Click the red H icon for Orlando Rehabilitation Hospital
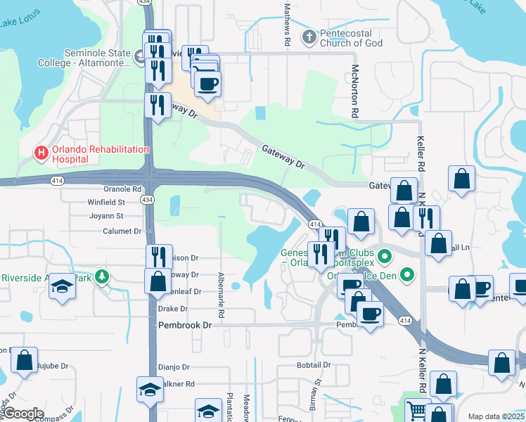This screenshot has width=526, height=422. click(41, 151)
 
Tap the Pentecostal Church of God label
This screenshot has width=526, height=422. click(352, 38)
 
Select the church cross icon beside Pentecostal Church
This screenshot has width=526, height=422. click(309, 36)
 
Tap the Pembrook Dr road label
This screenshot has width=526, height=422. click(185, 325)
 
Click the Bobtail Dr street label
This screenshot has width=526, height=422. click(314, 365)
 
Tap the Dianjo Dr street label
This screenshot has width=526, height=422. click(174, 366)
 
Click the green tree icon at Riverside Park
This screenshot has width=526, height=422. click(103, 277)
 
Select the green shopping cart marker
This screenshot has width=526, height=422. click(418, 410)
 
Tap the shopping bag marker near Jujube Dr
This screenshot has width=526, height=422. click(25, 360)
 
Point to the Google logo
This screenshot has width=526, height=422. click(23, 414)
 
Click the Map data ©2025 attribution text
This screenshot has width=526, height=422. click(495, 416)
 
